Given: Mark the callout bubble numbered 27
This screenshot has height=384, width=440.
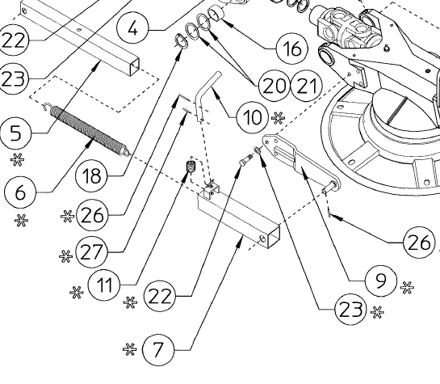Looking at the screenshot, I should (96, 251).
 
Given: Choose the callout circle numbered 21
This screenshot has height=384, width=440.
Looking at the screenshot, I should (305, 83).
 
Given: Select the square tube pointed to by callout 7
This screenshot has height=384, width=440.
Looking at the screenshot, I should (239, 219).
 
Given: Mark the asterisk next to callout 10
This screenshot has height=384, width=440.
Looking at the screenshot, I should (279, 117).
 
